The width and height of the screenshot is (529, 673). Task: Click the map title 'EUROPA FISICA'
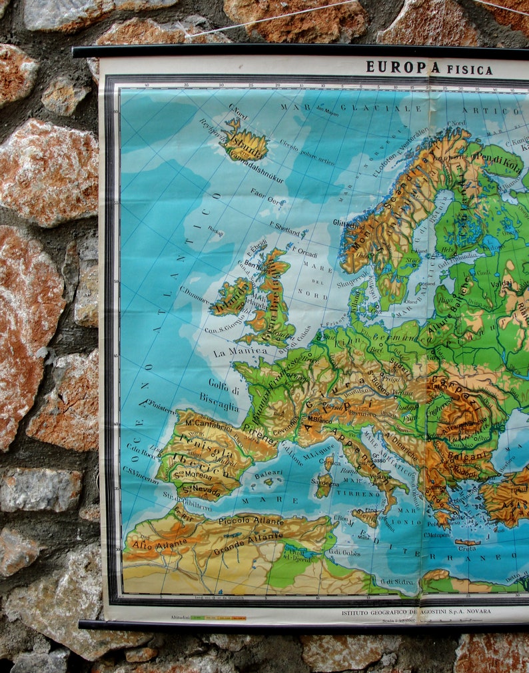(x=429, y=68)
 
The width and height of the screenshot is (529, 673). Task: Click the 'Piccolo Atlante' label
(x=251, y=520)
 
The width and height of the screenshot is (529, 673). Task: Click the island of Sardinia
(x=324, y=485)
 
